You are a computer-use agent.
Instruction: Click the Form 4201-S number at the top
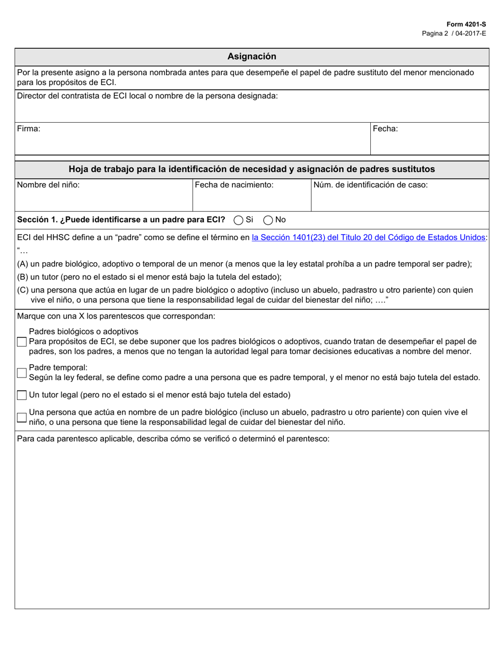pyautogui.click(x=466, y=24)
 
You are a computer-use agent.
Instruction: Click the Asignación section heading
pyautogui.click(x=251, y=57)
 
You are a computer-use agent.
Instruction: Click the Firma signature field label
pyautogui.click(x=29, y=128)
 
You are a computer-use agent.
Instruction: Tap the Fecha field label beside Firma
pyautogui.click(x=385, y=128)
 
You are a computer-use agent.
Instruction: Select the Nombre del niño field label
pyautogui.click(x=48, y=185)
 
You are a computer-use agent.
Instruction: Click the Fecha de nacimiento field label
pyautogui.click(x=234, y=185)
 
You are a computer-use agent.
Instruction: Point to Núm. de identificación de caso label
pyautogui.click(x=370, y=185)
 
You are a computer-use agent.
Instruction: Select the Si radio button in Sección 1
pyautogui.click(x=239, y=220)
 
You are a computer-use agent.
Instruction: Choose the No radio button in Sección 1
pyautogui.click(x=268, y=220)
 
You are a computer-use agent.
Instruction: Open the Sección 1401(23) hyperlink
pyautogui.click(x=368, y=237)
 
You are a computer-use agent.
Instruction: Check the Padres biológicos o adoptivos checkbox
pyautogui.click(x=22, y=342)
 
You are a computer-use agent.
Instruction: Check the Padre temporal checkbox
pyautogui.click(x=22, y=373)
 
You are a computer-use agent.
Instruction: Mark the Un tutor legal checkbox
pyautogui.click(x=22, y=395)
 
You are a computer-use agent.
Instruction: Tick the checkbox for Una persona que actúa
pyautogui.click(x=22, y=417)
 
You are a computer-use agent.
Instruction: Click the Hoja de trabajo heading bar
pyautogui.click(x=251, y=169)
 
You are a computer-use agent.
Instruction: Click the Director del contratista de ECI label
pyautogui.click(x=147, y=96)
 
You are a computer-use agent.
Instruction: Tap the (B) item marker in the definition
pyautogui.click(x=23, y=277)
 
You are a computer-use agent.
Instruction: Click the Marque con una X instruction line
pyautogui.click(x=116, y=316)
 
